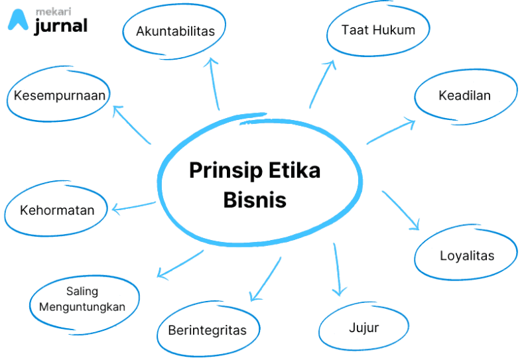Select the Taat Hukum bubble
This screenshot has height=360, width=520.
[x=378, y=30]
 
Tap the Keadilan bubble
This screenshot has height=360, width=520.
[x=464, y=95]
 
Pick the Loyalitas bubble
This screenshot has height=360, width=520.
[x=467, y=255]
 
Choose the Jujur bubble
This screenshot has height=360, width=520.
[x=363, y=328]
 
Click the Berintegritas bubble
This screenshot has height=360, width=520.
[x=207, y=330]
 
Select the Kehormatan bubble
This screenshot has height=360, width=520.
[x=57, y=211]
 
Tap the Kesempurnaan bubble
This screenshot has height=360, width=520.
[x=60, y=95]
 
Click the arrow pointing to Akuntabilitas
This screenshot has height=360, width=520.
[x=214, y=84]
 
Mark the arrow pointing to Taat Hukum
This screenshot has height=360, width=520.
[x=322, y=83]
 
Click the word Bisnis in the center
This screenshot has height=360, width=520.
[x=255, y=200]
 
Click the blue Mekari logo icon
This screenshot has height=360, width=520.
[x=18, y=21]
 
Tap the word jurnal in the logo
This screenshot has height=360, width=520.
[x=60, y=26]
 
